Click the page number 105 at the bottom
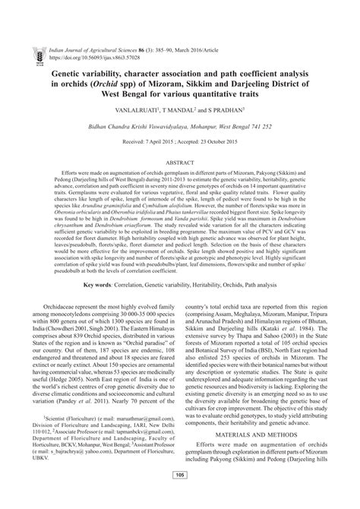pyautogui.click(x=180, y=496)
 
